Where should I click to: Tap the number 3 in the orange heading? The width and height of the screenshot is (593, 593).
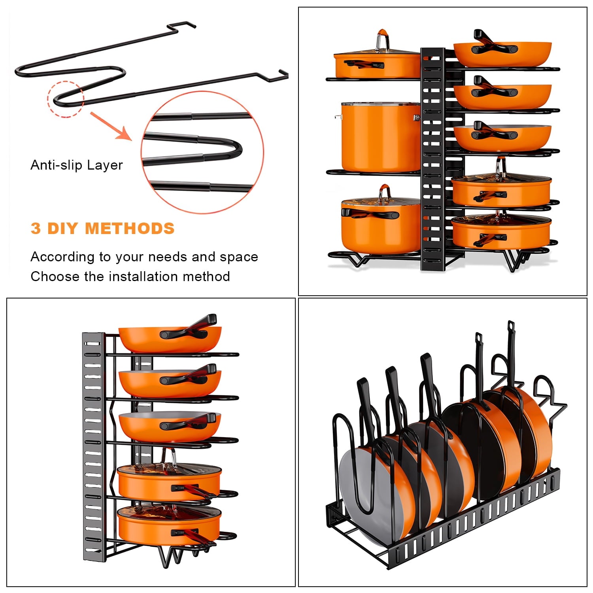tap(36, 229)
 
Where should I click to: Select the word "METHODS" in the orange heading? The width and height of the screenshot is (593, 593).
tap(129, 229)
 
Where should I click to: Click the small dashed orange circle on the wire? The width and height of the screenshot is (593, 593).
tap(65, 99)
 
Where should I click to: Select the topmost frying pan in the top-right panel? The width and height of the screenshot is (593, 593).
tap(502, 53)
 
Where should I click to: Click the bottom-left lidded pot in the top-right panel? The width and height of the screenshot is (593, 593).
tap(380, 225)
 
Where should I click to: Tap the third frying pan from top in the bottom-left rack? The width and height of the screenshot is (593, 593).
tap(169, 427)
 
